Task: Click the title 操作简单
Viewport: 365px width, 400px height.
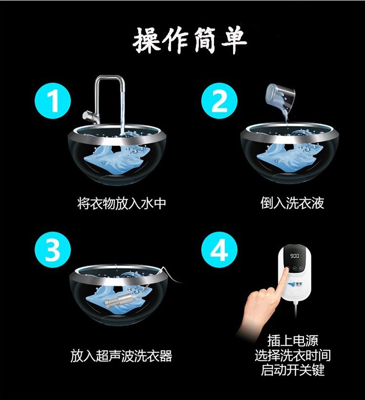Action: click(190, 41)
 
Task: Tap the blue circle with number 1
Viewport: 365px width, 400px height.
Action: click(53, 101)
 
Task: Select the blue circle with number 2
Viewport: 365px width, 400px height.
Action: click(219, 101)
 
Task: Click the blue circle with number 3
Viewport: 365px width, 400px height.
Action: click(53, 250)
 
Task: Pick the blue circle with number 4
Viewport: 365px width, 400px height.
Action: click(219, 250)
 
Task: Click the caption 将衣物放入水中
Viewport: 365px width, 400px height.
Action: click(122, 203)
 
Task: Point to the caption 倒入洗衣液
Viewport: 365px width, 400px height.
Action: click(292, 203)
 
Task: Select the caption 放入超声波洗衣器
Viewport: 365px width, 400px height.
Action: click(121, 356)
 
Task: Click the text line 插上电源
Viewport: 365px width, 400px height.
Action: click(293, 340)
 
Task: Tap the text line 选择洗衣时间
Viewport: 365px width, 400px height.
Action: click(293, 355)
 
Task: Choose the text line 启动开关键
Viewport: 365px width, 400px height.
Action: click(293, 370)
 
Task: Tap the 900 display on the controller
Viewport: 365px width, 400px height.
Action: click(295, 255)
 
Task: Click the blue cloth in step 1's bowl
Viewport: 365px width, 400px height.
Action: click(113, 159)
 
